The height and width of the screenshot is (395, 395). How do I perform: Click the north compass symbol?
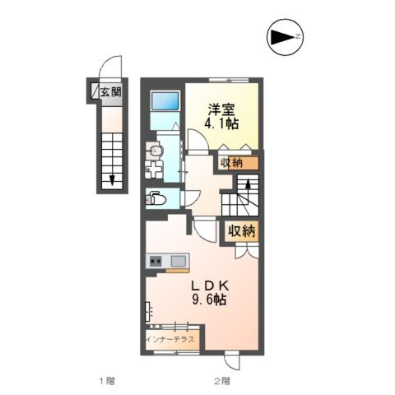pyautogui.click(x=286, y=37)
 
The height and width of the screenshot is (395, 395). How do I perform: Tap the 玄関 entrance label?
pyautogui.click(x=110, y=91)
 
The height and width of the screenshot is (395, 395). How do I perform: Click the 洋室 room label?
pyautogui.click(x=221, y=110)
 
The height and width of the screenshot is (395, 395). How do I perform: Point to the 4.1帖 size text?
pyautogui.click(x=221, y=123)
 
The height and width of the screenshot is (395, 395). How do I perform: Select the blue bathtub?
pyautogui.click(x=165, y=101)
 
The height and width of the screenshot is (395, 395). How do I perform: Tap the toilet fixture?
pyautogui.click(x=156, y=198)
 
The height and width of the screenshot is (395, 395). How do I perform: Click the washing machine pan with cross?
pyautogui.click(x=154, y=170)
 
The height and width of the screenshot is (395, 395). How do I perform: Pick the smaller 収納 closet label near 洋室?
pyautogui.click(x=231, y=163)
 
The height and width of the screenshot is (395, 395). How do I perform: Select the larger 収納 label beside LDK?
pyautogui.click(x=242, y=230)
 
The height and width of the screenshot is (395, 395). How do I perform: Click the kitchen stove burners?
pyautogui.click(x=156, y=261)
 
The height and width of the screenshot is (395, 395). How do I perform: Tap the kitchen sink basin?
pyautogui.click(x=179, y=261)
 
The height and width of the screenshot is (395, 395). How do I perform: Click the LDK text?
pyautogui.click(x=210, y=286)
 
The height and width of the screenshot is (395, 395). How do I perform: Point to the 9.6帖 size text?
pyautogui.click(x=209, y=300)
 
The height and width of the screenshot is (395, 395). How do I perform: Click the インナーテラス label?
pyautogui.click(x=170, y=339)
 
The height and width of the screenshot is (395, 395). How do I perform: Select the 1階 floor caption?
pyautogui.click(x=107, y=381)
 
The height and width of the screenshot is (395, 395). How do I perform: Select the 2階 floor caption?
pyautogui.click(x=222, y=381)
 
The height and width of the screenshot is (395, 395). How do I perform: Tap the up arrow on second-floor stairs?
pyautogui.click(x=248, y=187)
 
